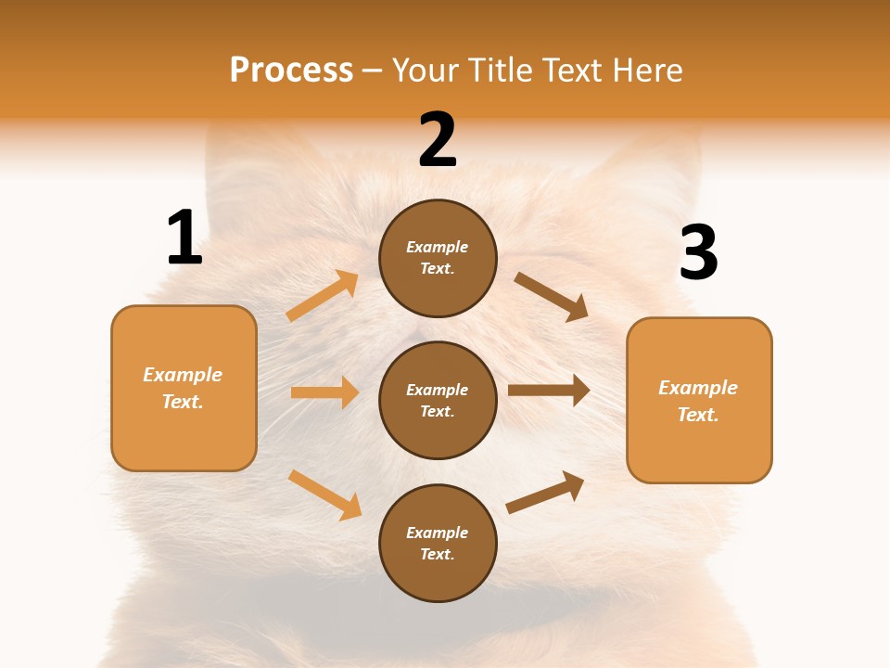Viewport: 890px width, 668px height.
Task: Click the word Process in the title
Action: point(291,70)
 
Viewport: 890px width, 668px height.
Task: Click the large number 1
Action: point(184,238)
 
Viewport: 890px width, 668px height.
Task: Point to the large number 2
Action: point(438,140)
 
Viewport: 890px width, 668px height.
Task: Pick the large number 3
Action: point(698,252)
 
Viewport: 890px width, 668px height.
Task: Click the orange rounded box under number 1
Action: point(184,388)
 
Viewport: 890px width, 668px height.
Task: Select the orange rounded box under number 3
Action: point(699,400)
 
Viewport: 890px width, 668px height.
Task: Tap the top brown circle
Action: point(438,258)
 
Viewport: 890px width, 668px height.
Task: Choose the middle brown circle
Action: point(438,400)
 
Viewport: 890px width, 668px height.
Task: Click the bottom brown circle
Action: point(438,543)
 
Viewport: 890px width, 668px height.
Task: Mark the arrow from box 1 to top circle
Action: point(323,296)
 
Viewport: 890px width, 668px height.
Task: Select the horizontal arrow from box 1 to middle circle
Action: point(324,392)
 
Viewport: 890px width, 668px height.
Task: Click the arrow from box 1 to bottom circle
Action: point(324,495)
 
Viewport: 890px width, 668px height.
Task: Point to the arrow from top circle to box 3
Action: point(552,297)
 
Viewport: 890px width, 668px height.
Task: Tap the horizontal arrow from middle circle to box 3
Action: point(549,390)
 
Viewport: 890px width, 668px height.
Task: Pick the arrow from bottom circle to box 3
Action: point(545,493)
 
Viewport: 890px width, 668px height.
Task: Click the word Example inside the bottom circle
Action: point(438,533)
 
